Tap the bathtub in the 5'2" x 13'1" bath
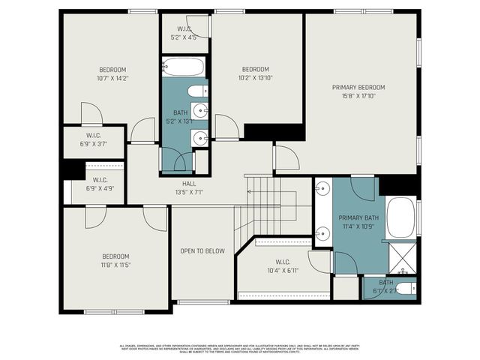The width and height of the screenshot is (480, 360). (x=183, y=68)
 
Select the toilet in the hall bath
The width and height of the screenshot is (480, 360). (x=198, y=91)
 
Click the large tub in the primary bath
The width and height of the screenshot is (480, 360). (x=401, y=217)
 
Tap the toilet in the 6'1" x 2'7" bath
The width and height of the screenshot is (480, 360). (x=404, y=289)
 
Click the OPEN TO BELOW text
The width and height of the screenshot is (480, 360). (x=202, y=250)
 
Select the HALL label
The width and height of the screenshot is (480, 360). (x=188, y=184)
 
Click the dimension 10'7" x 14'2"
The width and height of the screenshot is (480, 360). (x=113, y=77)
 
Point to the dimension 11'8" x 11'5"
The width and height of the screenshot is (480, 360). (x=115, y=265)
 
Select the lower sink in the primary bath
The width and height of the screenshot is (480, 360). (x=323, y=232)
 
